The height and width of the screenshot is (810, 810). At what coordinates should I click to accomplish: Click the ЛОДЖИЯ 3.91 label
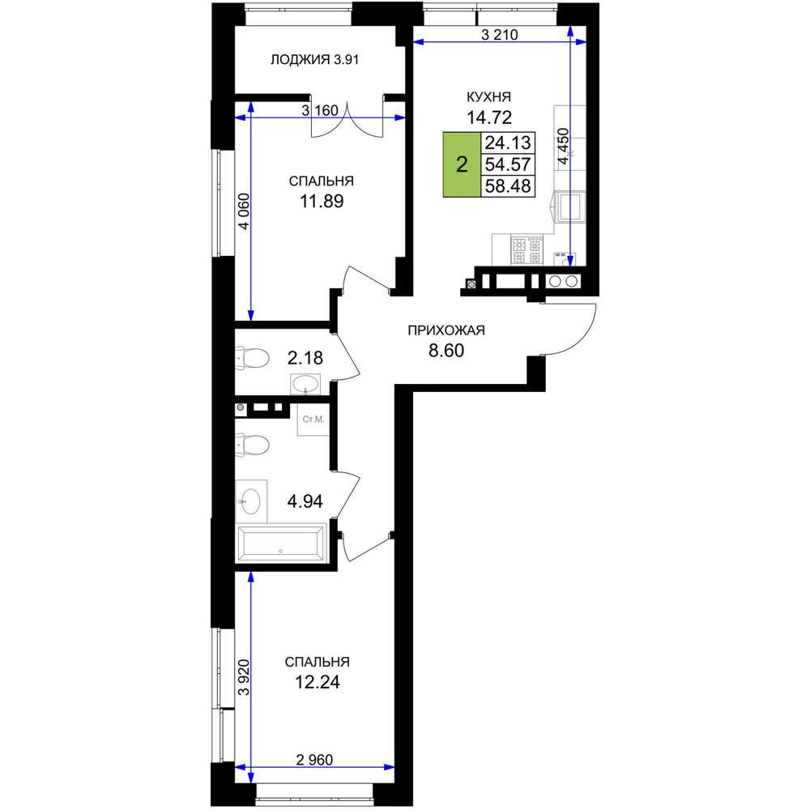pos(314,60)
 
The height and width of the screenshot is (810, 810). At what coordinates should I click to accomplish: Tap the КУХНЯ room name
pos(488,97)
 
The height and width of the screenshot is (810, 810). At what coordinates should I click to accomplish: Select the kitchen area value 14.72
pos(488,117)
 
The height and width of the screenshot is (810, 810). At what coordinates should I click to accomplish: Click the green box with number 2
pos(462,164)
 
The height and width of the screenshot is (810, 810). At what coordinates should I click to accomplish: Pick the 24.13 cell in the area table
pos(508,143)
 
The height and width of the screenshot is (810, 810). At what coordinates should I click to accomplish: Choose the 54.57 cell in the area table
pos(508,164)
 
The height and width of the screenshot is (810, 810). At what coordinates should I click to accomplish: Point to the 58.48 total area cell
pos(508,186)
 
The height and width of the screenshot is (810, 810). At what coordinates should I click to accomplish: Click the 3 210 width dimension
pos(499,35)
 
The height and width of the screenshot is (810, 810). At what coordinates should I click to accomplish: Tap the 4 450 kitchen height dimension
pos(564,147)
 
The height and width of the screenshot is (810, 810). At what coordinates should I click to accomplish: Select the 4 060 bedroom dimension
pos(244,211)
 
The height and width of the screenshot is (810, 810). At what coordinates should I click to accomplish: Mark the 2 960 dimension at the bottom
pos(314,760)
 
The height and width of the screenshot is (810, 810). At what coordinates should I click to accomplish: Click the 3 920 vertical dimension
pos(244,677)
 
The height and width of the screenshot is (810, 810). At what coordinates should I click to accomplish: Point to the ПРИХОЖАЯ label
pos(446,330)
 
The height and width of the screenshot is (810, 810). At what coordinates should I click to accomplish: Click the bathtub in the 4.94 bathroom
pos(281,543)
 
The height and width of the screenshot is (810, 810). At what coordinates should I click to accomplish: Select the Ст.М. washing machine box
pos(313,420)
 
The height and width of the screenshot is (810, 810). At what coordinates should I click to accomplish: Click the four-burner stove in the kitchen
pos(526,249)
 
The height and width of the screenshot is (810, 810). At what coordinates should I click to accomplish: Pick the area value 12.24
pos(318,682)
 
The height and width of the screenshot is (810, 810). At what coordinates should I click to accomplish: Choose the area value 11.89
pos(322,201)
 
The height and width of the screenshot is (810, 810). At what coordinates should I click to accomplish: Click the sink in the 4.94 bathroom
pos(251,501)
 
